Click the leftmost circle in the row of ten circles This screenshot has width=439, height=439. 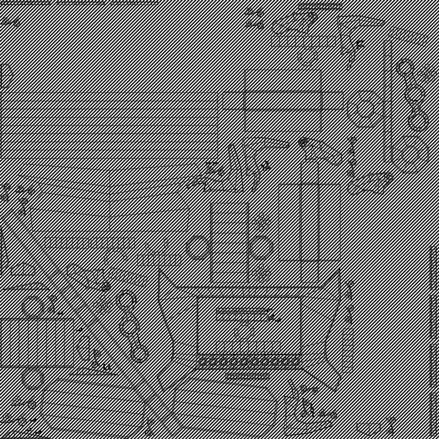(x=203, y=361)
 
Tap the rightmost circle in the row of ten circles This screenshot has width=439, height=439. (x=296, y=361)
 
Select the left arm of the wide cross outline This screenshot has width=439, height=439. (x=233, y=101)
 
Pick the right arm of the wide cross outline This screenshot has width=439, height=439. (x=332, y=101)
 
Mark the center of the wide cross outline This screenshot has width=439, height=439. (x=283, y=101)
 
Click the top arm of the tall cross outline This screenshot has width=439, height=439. (x=309, y=173)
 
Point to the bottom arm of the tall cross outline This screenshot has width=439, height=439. (x=309, y=272)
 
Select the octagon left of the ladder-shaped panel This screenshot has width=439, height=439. (x=198, y=248)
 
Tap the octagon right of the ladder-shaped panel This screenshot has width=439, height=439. (x=261, y=248)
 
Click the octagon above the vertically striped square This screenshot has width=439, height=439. (x=33, y=307)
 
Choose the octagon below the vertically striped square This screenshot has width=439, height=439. (x=33, y=379)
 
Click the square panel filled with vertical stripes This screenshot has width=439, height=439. (x=37, y=343)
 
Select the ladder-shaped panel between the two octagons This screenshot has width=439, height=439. (x=230, y=243)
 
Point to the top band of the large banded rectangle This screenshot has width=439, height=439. (x=109, y=97)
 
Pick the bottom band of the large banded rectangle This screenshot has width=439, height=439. (x=109, y=154)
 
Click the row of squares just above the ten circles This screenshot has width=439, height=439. (x=248, y=347)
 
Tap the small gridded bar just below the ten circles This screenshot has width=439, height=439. (x=247, y=376)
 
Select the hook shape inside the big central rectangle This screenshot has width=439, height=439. (x=244, y=331)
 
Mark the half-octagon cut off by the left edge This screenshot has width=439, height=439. (x=6, y=76)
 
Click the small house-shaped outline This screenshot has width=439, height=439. (x=23, y=269)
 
